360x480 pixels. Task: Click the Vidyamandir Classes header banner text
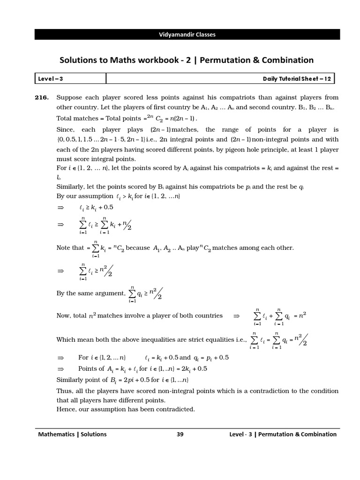click(187, 34)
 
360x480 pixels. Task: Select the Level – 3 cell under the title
click(49, 79)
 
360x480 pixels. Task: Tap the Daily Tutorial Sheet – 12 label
click(297, 79)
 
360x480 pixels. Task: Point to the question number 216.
click(42, 97)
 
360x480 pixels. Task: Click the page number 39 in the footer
click(180, 434)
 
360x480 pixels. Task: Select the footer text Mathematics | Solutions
click(72, 434)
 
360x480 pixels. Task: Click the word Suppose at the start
click(69, 97)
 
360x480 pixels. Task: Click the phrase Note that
click(70, 247)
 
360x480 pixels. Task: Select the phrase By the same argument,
click(91, 293)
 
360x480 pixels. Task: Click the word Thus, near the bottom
click(65, 391)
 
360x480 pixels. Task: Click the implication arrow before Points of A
click(60, 368)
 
